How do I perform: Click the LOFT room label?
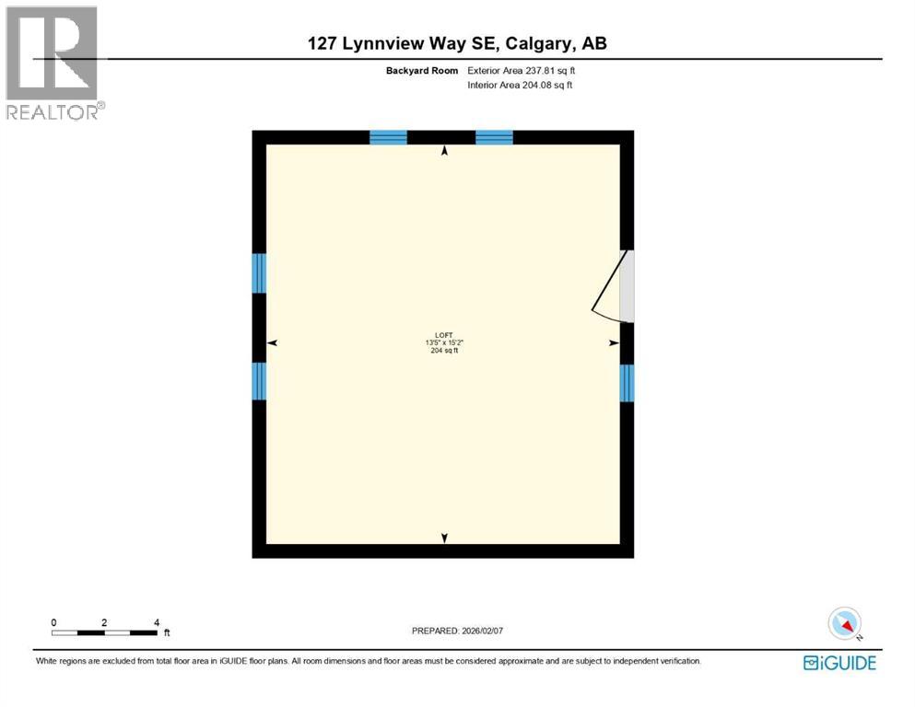pyautogui.click(x=444, y=335)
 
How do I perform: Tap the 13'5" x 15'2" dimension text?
pyautogui.click(x=444, y=343)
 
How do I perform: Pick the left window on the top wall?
pyautogui.click(x=388, y=137)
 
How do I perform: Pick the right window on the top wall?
pyautogui.click(x=494, y=137)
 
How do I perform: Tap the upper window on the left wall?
pyautogui.click(x=259, y=272)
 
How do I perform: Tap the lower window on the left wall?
pyautogui.click(x=259, y=381)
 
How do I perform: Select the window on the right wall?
pyautogui.click(x=627, y=383)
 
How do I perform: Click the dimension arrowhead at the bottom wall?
pyautogui.click(x=445, y=538)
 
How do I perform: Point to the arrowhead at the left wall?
pyautogui.click(x=272, y=343)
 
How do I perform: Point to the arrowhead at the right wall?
pyautogui.click(x=614, y=343)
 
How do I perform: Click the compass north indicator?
pyautogui.click(x=844, y=623)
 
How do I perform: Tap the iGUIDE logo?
pyautogui.click(x=839, y=663)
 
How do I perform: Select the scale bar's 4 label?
pyautogui.click(x=157, y=622)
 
